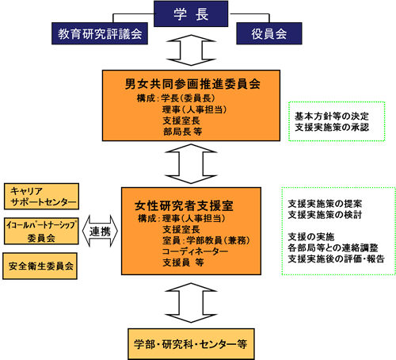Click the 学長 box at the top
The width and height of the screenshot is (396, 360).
pyautogui.click(x=191, y=13)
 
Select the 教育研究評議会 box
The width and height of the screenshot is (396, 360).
pyautogui.click(x=100, y=33)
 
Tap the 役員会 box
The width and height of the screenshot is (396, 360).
pyautogui.click(x=269, y=33)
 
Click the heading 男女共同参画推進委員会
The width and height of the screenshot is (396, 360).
pyautogui.click(x=192, y=84)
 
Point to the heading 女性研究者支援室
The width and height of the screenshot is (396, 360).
pyautogui.click(x=184, y=205)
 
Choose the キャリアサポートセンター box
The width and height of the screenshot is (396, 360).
pyautogui.click(x=41, y=197)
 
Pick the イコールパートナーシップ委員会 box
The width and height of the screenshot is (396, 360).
pyautogui.click(x=41, y=232)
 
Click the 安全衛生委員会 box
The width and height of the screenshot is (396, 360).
pyautogui.click(x=40, y=266)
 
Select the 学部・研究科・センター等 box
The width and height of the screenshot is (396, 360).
pyautogui.click(x=191, y=344)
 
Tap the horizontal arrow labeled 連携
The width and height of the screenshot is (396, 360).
pyautogui.click(x=100, y=232)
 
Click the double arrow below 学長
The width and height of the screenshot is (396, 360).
pyautogui.click(x=191, y=50)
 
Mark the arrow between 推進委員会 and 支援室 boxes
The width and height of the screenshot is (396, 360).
pyautogui.click(x=191, y=164)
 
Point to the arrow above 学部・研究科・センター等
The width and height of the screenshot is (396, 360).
pyautogui.click(x=191, y=303)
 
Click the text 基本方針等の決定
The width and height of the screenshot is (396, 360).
pyautogui.click(x=332, y=116)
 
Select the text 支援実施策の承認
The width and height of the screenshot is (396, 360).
pyautogui.click(x=332, y=127)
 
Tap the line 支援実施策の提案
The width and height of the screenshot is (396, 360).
pyautogui.click(x=325, y=204)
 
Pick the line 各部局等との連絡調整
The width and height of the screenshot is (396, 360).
pyautogui.click(x=333, y=247)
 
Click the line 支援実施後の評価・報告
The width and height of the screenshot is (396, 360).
pyautogui.click(x=336, y=259)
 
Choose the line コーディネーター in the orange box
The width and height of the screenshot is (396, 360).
pyautogui.click(x=195, y=251)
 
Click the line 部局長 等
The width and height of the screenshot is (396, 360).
pyautogui.click(x=182, y=132)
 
